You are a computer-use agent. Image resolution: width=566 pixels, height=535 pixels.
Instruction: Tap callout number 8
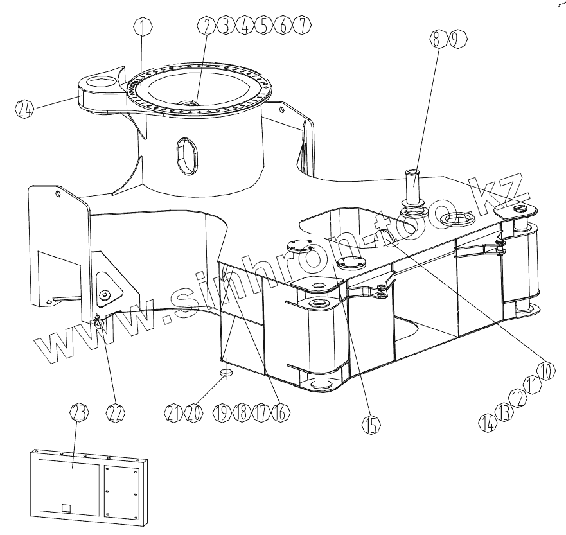click(x=437, y=39)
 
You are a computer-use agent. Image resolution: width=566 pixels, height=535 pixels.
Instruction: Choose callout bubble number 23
click(x=78, y=415)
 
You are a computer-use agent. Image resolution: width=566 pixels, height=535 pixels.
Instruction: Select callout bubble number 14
click(x=488, y=421)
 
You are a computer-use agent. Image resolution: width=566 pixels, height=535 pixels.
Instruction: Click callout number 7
click(x=301, y=26)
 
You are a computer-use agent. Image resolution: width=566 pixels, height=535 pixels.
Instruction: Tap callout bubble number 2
click(x=207, y=26)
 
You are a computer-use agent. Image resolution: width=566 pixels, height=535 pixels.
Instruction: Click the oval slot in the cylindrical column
click(x=184, y=155)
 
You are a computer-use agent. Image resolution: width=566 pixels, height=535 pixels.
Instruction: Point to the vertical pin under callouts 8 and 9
click(x=412, y=186)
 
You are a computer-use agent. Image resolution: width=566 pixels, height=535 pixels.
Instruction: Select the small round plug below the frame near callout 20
click(x=225, y=373)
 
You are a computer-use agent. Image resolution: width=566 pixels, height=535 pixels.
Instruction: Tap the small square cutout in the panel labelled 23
click(x=66, y=507)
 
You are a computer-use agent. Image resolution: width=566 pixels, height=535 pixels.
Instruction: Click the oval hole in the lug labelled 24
click(x=98, y=82)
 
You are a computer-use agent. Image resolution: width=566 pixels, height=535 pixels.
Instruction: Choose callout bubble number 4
click(x=245, y=26)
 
